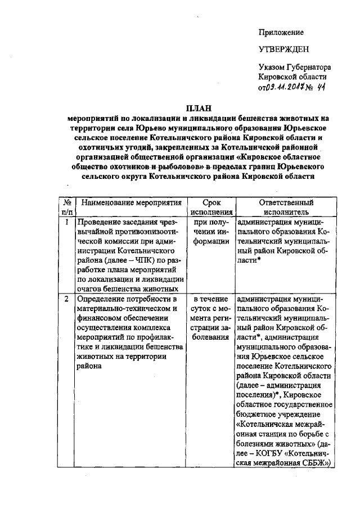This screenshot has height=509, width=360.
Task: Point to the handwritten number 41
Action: point(321,87)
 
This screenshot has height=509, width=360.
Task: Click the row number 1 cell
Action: point(67,222)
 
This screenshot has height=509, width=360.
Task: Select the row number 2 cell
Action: point(67,299)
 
